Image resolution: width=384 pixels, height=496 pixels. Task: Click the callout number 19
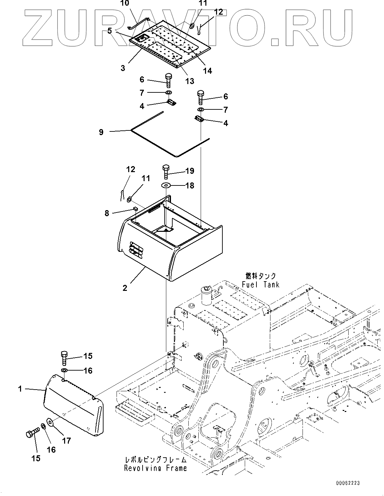[190, 171]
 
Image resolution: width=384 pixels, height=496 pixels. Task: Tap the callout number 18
[190, 185]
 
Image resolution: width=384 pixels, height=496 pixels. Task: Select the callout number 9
[101, 132]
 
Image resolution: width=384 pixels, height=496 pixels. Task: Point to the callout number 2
[125, 288]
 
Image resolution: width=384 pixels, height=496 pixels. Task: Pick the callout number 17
[66, 441]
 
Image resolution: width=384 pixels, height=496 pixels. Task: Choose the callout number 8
[107, 213]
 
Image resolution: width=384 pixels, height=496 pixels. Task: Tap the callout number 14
[207, 71]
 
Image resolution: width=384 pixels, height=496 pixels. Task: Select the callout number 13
[190, 81]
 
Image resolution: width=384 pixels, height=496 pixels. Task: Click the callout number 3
[123, 68]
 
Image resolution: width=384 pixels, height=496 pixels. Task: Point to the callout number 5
[110, 31]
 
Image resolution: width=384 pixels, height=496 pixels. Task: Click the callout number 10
[125, 3]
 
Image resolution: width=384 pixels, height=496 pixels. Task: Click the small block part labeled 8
[135, 208]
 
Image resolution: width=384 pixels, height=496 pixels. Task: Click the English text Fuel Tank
[261, 285]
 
